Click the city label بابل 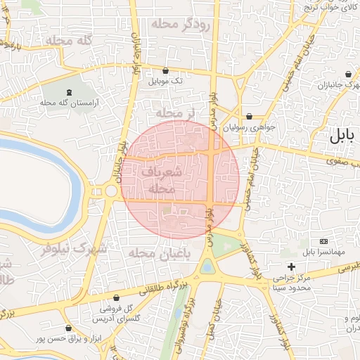click(344, 137)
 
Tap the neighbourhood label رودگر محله click(181, 25)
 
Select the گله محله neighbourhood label click(69, 41)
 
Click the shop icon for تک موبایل click(165, 70)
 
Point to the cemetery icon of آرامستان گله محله click(69, 92)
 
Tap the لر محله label click(174, 112)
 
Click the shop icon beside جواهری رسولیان click(249, 117)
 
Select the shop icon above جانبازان click(349, 75)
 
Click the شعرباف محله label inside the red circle click(162, 180)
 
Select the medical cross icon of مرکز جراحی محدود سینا click(291, 266)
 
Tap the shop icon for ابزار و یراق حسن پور click(68, 328)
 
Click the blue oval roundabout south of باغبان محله click(207, 266)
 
